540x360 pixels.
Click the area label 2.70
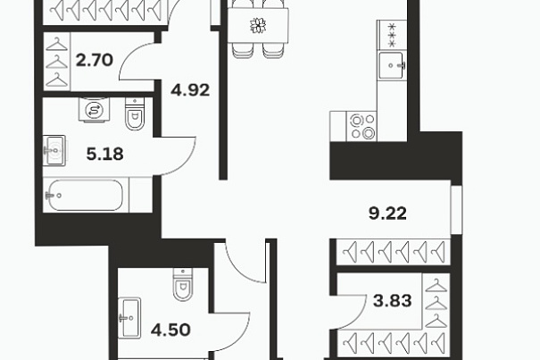click(95, 60)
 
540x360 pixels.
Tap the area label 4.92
click(190, 90)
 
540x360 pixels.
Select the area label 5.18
click(104, 155)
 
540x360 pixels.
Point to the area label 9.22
click(387, 213)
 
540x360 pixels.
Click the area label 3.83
click(393, 301)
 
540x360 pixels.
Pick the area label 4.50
click(170, 330)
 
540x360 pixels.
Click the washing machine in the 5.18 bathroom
click(94, 110)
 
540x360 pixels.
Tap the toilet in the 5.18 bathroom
click(135, 113)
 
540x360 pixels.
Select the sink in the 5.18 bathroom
click(54, 150)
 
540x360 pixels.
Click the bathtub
click(86, 195)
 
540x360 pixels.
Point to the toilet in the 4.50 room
click(183, 284)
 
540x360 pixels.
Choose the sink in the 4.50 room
click(129, 318)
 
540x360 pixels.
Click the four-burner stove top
click(362, 126)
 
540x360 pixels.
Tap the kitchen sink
click(393, 65)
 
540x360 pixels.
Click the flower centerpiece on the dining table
click(258, 26)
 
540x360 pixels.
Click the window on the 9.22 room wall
click(457, 210)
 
